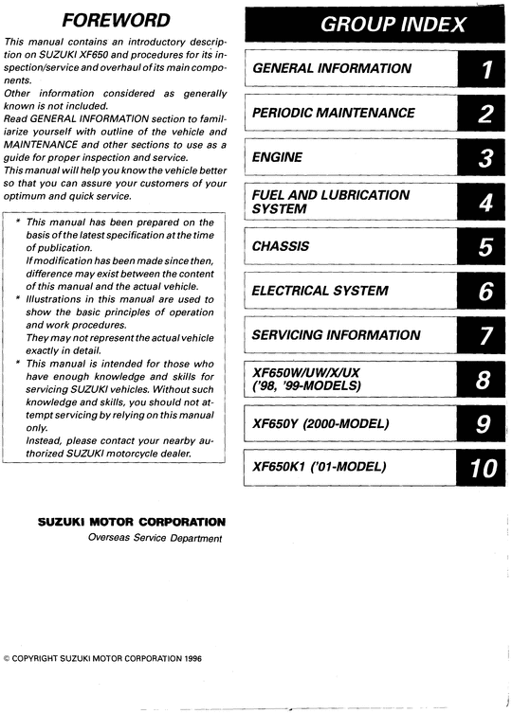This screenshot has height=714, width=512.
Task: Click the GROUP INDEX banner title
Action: (x=379, y=26)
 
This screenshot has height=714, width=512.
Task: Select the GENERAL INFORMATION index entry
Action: (x=331, y=68)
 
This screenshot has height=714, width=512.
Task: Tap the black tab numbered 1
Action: (x=485, y=68)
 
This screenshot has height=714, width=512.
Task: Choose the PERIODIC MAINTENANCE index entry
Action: (x=333, y=113)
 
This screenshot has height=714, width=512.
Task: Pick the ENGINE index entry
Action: (x=277, y=157)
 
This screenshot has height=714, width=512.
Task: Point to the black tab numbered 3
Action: (x=485, y=157)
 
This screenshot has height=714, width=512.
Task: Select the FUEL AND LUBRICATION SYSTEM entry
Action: (x=330, y=201)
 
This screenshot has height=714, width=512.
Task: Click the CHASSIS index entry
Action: (x=282, y=245)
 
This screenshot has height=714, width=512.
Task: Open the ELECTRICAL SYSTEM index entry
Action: (x=319, y=291)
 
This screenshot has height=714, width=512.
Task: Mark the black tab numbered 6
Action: (x=485, y=291)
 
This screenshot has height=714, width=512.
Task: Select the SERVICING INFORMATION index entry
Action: (x=336, y=334)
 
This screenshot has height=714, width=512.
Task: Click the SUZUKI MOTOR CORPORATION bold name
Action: (x=131, y=522)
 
